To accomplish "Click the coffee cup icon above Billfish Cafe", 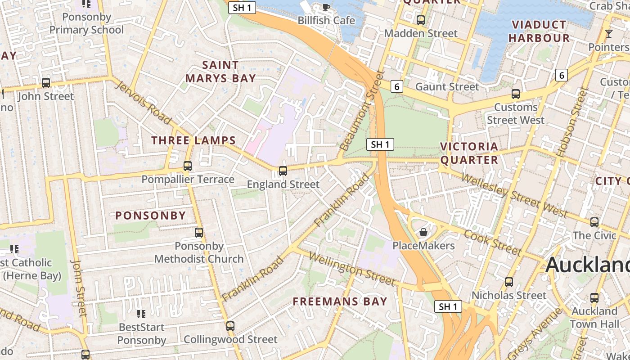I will pos(326,7).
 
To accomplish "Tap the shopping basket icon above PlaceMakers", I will pos(423,232).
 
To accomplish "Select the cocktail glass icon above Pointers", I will pos(609,33).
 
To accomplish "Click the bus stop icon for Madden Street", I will pos(421,20).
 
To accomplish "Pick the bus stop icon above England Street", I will pos(283,171).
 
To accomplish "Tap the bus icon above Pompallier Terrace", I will pos(188,166).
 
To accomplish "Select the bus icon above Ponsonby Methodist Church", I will pos(199,233).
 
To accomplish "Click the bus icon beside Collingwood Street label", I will pos(230,326).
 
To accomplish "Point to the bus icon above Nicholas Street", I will pos(509,282).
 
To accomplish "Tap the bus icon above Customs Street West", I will pos(516,94).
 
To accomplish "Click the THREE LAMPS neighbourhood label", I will pos(193,140).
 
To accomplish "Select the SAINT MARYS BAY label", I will pos(220,72).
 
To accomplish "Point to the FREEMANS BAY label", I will pos(340,301).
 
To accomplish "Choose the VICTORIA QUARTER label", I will pos(469,153).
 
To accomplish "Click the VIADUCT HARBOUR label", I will pos(539,31).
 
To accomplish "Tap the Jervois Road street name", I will pos(143,102).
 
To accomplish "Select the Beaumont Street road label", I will pos(364,111).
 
